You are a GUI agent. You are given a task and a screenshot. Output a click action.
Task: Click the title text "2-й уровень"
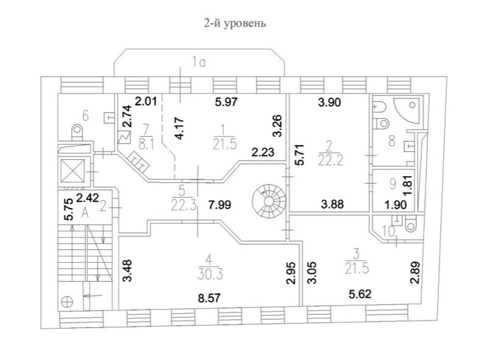(235, 23)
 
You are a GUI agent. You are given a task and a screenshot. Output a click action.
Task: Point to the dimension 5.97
(227, 102)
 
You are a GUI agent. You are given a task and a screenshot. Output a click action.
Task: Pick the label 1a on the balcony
(198, 63)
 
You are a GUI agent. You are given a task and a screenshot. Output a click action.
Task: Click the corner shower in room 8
(407, 111)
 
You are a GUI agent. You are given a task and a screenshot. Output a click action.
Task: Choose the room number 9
(394, 184)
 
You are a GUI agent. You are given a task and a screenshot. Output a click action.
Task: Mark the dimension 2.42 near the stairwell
(87, 198)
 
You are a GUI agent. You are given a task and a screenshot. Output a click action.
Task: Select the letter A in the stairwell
(85, 211)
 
